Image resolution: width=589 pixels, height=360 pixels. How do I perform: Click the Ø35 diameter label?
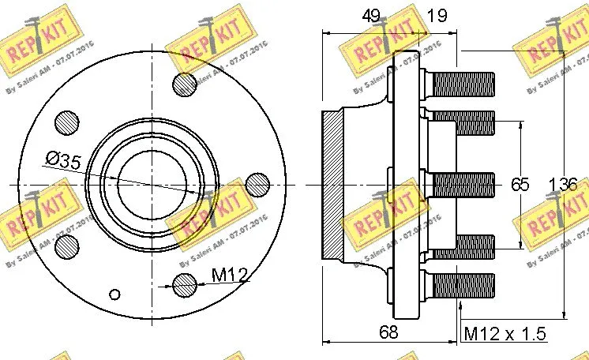click(63, 161)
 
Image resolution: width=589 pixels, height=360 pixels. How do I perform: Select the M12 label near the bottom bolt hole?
click(230, 276)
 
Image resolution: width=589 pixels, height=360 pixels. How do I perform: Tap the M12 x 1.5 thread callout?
click(505, 334)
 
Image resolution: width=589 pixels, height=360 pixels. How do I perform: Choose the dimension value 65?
click(519, 185)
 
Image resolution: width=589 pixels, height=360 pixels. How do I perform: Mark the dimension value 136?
click(564, 185)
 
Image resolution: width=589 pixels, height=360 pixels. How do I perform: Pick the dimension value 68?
click(387, 332)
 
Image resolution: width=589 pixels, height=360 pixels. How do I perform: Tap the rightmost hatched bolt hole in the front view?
click(257, 185)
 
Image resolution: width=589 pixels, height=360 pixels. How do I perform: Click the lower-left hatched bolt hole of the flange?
click(68, 247)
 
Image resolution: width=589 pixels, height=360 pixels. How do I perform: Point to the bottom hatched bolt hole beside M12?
click(184, 283)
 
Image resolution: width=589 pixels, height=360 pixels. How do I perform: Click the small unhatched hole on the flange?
click(115, 294)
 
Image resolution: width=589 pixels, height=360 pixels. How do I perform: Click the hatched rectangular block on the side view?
click(332, 185)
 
